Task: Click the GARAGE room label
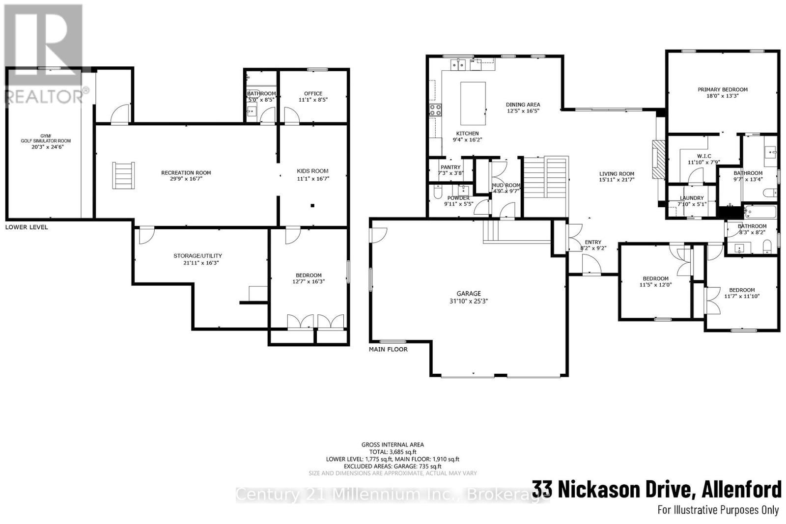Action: [468, 294]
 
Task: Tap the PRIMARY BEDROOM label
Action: [722, 89]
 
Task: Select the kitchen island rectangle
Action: [473, 104]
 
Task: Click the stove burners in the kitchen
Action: [435, 110]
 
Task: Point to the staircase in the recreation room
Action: [122, 175]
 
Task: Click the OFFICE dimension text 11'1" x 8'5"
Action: [313, 100]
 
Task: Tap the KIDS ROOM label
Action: [312, 171]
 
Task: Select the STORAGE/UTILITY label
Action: [197, 256]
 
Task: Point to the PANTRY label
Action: [450, 167]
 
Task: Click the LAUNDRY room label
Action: [692, 198]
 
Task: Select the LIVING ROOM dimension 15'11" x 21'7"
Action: [617, 180]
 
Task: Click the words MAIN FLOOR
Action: [388, 350]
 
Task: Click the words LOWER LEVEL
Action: [27, 227]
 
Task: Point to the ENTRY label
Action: [593, 242]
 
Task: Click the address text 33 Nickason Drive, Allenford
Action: [656, 490]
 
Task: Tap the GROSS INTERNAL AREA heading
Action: [393, 445]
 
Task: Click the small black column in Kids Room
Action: [312, 206]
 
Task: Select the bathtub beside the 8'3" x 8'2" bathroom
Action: [760, 212]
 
